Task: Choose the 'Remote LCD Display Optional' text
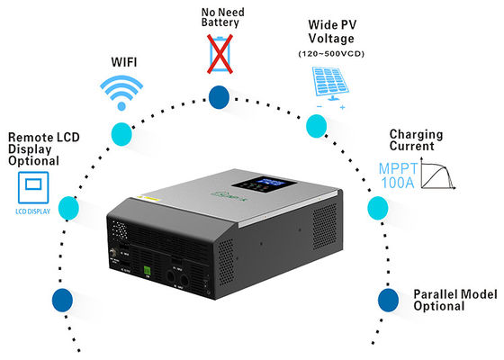click(33, 148)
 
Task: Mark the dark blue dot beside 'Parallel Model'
click(385, 298)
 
